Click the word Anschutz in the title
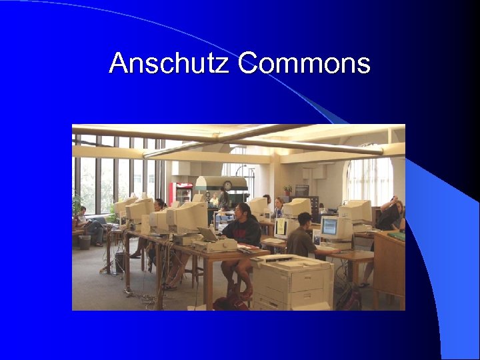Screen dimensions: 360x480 click(x=171, y=64)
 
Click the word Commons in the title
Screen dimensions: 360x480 click(x=304, y=64)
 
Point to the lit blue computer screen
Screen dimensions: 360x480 click(x=329, y=227)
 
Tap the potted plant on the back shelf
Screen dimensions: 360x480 click(x=288, y=189)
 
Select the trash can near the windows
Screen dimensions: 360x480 click(x=85, y=241)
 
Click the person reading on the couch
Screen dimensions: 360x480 click(x=91, y=224)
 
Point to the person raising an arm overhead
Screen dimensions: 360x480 click(x=392, y=215)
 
